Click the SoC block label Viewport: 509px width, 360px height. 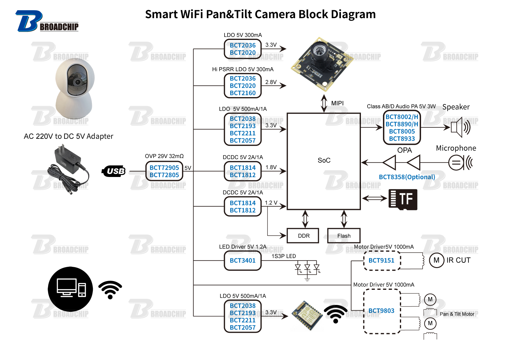tap(324, 160)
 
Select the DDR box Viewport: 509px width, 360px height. tap(303, 236)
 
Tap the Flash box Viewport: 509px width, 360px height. tap(344, 236)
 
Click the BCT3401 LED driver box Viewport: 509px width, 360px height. tap(242, 260)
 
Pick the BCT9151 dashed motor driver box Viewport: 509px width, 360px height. tap(381, 260)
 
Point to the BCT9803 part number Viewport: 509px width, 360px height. tap(381, 311)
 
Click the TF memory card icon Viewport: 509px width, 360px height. tap(403, 199)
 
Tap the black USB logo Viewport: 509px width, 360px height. tap(114, 171)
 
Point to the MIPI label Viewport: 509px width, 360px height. tap(337, 103)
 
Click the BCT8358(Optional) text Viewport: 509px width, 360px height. tap(407, 177)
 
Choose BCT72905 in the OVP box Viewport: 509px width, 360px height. tap(164, 168)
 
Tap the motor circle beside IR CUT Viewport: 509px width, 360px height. tap(436, 260)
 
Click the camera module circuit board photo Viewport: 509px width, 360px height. tap(322, 64)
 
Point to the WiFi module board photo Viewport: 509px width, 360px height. tap(306, 315)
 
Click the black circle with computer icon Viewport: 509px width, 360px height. tap(70, 289)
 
